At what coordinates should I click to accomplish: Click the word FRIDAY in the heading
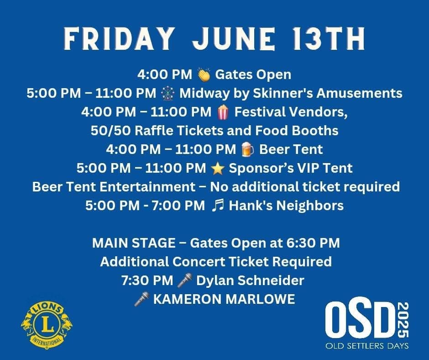pos(119,39)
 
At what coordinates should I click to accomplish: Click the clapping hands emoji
pos(204,74)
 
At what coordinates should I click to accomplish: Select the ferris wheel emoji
pos(167,93)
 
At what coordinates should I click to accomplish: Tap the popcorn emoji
pos(223,112)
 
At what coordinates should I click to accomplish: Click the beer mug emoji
pos(248,149)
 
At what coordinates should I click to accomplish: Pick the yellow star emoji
pos(218,168)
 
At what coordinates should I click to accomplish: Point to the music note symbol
pos(218,206)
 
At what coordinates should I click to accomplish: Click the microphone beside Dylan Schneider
pos(184,280)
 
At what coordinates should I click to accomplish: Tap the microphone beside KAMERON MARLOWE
pos(142,299)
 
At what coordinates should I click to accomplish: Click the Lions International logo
pos(47,325)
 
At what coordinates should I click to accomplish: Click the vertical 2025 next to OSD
pos(403,320)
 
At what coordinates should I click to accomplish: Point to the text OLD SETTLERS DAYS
pos(367,346)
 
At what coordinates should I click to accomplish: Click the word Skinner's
pos(283,93)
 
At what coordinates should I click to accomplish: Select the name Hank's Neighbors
pos(286,206)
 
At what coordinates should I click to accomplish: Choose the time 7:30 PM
pos(147,280)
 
